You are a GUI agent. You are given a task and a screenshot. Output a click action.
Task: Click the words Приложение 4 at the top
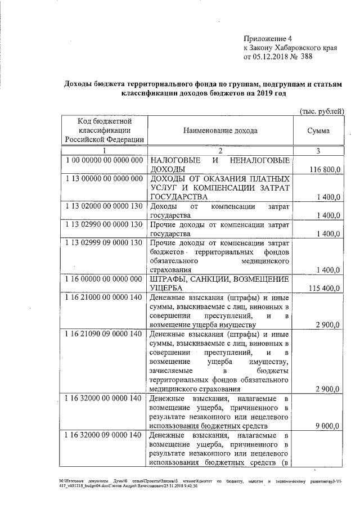point(264,38)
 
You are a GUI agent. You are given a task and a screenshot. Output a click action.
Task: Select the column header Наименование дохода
point(220,130)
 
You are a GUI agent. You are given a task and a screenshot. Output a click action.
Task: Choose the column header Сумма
point(318,130)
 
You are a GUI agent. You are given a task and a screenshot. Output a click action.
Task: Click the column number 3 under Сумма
point(318,151)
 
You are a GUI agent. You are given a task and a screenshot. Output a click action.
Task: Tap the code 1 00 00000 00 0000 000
point(103,160)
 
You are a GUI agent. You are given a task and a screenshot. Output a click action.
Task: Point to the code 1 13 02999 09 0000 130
point(103,243)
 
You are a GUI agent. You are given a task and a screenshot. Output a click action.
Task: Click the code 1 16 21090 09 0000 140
point(103,334)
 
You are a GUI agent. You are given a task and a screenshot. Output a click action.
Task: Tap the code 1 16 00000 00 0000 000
point(103,280)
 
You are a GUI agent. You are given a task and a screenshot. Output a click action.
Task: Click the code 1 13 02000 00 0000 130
point(103,206)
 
